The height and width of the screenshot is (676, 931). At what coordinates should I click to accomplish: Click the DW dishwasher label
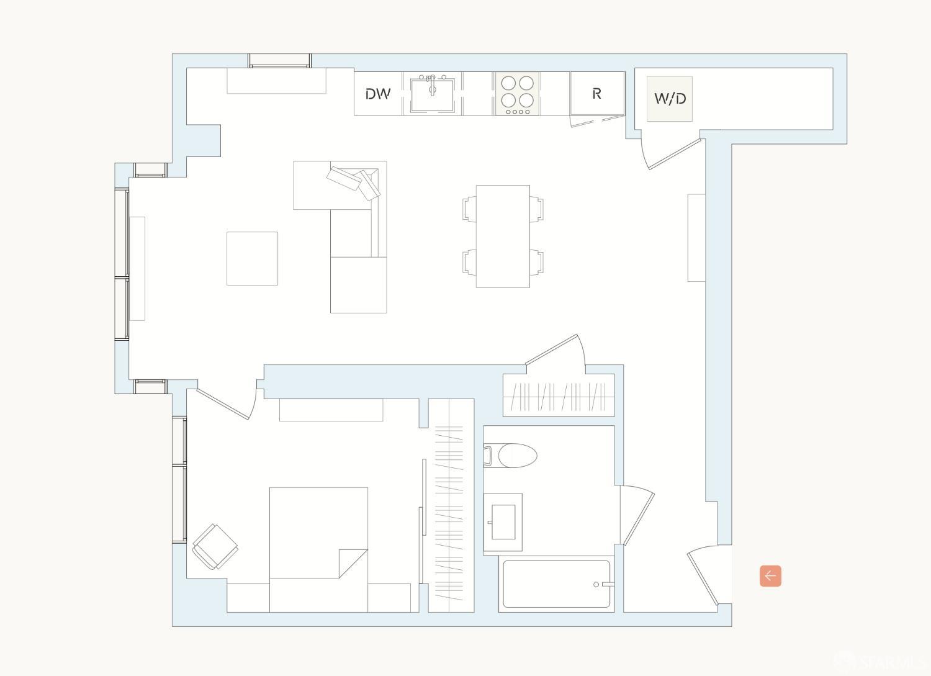[377, 94]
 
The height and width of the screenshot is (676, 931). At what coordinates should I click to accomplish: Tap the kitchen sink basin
[432, 96]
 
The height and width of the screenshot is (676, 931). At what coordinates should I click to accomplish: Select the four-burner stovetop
[518, 93]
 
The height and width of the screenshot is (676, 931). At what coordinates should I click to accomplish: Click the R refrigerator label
[596, 94]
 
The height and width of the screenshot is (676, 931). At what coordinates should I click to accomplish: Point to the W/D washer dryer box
[670, 99]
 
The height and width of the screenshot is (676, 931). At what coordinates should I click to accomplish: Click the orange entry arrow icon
[770, 576]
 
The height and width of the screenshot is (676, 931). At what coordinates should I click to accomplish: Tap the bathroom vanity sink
[503, 522]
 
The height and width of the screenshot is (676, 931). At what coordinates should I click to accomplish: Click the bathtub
[556, 584]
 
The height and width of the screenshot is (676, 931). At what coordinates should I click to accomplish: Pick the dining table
[503, 236]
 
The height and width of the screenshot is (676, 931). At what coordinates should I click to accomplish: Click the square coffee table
[252, 258]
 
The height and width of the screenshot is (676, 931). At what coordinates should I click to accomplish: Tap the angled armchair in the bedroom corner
[215, 546]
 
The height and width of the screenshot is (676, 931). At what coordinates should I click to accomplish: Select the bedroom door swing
[223, 403]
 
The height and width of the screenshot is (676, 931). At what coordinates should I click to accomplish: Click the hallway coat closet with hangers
[559, 396]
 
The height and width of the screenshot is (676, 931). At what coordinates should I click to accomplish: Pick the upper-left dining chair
[470, 209]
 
